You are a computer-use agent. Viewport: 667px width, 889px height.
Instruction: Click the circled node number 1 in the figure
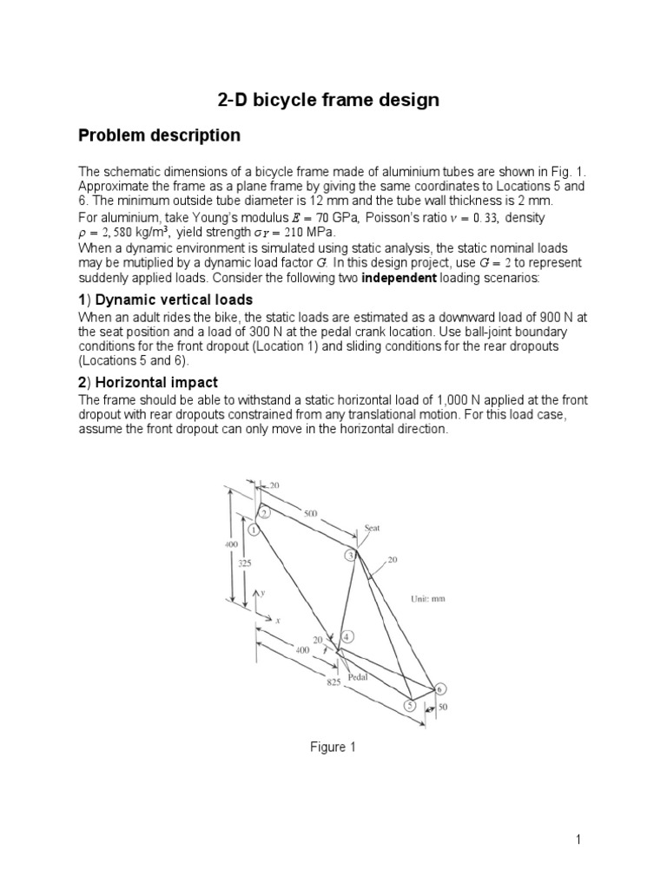point(254,529)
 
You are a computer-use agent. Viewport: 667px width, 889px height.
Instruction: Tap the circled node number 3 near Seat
point(351,555)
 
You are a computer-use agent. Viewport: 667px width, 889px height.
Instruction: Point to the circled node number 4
point(347,636)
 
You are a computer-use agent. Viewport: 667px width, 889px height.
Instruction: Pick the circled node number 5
point(410,706)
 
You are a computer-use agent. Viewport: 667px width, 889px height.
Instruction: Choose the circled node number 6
point(440,689)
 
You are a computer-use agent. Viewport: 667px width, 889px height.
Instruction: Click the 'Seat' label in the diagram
point(373,528)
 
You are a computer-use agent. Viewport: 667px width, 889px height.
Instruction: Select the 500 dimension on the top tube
point(311,514)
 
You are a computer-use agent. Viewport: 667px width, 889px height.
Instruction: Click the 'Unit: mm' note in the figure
point(427,599)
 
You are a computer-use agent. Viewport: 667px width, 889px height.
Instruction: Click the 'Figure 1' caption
point(327,747)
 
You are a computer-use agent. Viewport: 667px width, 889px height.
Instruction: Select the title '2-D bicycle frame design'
point(327,100)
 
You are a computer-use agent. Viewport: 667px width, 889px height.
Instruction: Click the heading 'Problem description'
point(159,135)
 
